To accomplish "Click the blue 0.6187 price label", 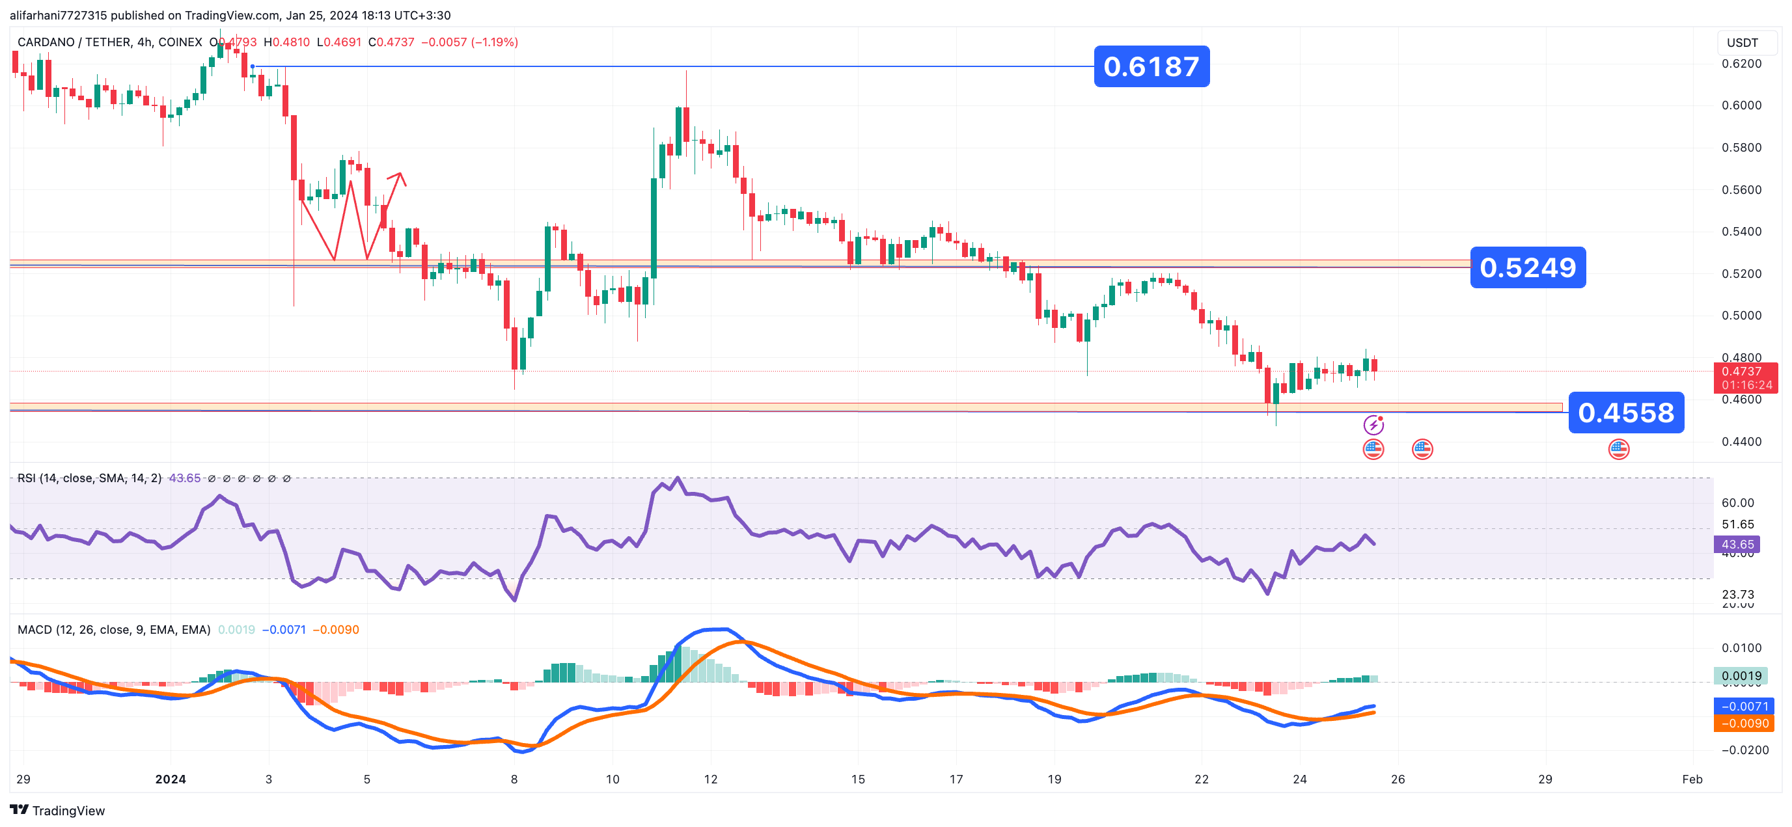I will [x=1151, y=67].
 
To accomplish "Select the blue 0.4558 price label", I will [x=1625, y=413].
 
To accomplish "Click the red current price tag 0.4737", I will [x=1744, y=372].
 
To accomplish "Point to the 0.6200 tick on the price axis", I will [x=1741, y=64].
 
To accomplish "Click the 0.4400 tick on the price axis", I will [x=1741, y=442].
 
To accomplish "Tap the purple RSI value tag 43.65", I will [x=1737, y=545].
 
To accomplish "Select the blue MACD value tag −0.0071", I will [x=1743, y=707].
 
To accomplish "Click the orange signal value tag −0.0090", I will [x=1743, y=724].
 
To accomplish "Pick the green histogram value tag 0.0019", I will [x=1741, y=676].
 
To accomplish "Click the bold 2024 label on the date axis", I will [x=171, y=780].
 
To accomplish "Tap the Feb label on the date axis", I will [x=1692, y=780].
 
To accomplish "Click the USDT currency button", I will [x=1742, y=43].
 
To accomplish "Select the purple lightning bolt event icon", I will [x=1373, y=425].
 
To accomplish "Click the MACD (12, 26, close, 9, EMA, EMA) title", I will [x=113, y=630].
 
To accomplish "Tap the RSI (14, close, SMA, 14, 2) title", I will [x=89, y=478].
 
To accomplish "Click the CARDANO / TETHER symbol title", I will [x=109, y=42].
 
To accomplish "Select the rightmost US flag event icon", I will [x=1618, y=450].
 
